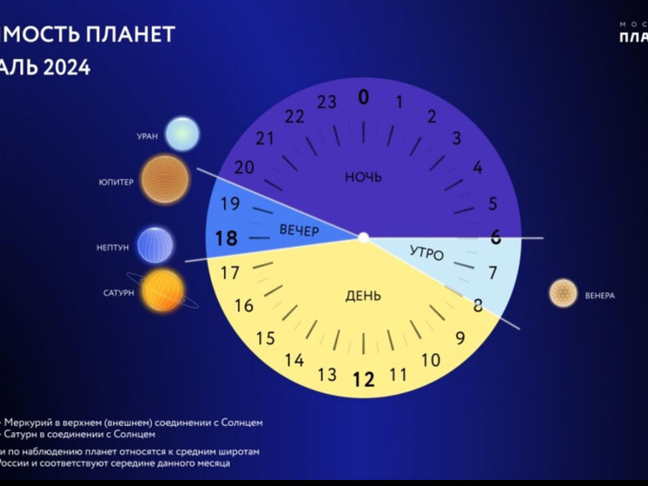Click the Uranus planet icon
click(x=182, y=134)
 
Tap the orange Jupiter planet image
click(x=164, y=180)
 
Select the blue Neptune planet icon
click(x=155, y=245)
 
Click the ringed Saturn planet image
click(x=162, y=291)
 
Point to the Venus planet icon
click(x=563, y=293)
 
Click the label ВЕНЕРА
click(x=600, y=296)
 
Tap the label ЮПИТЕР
click(x=116, y=183)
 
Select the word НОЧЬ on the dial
click(x=363, y=177)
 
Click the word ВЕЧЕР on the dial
click(x=299, y=230)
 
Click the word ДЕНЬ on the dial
click(x=363, y=296)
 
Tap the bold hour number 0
click(x=363, y=97)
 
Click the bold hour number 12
click(x=363, y=379)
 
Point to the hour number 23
click(x=327, y=103)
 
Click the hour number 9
click(x=460, y=338)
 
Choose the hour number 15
click(x=265, y=338)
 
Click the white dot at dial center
click(x=364, y=236)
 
